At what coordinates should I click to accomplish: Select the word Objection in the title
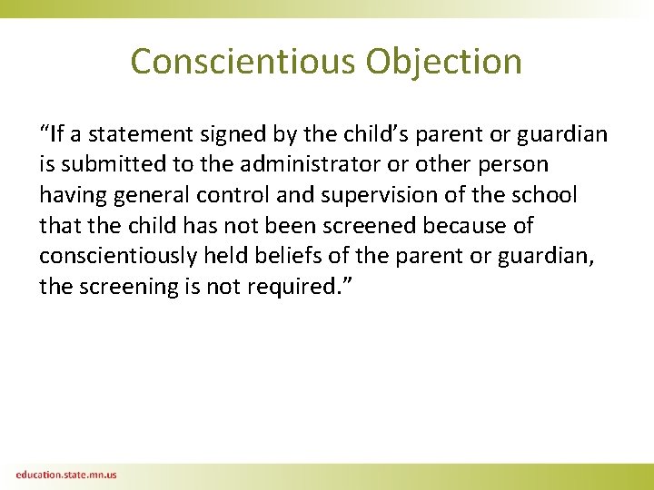(444, 62)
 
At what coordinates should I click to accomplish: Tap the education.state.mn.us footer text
(65, 475)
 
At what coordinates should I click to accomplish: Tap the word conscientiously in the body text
(117, 256)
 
